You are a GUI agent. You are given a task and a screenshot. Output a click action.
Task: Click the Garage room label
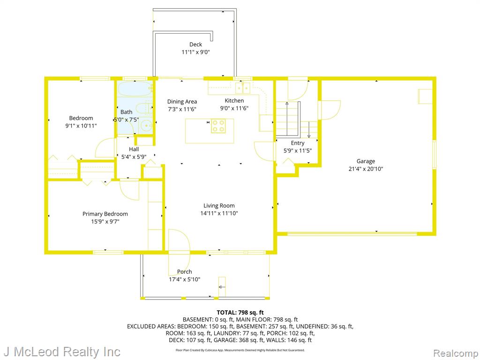[366, 161]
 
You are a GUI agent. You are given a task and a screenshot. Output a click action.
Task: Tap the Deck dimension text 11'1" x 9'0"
[195, 52]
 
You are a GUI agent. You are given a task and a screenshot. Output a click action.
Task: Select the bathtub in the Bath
[135, 89]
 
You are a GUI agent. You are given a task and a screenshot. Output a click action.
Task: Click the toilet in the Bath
[144, 108]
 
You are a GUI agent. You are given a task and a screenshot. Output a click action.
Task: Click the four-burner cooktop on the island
[218, 126]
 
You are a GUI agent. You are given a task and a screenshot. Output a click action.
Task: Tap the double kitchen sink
[243, 88]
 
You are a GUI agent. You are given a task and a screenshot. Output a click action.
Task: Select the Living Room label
[219, 206]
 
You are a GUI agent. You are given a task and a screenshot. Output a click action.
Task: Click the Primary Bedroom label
[105, 214]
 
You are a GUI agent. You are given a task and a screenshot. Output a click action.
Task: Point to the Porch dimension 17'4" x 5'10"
[185, 279]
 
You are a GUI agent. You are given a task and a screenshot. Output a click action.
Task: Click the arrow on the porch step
[222, 287]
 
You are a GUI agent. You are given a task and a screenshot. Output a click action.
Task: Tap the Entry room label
[298, 143]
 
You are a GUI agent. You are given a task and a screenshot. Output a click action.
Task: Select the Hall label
[134, 149]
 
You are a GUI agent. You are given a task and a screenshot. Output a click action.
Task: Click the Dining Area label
[182, 102]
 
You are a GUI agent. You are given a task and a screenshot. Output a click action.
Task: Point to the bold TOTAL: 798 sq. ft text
[240, 313]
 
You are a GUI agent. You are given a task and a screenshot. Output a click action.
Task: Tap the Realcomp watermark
[456, 353]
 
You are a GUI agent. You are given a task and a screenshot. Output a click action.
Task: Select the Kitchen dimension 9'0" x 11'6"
[234, 108]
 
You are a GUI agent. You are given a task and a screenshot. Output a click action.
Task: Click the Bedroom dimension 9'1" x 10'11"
[81, 126]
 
